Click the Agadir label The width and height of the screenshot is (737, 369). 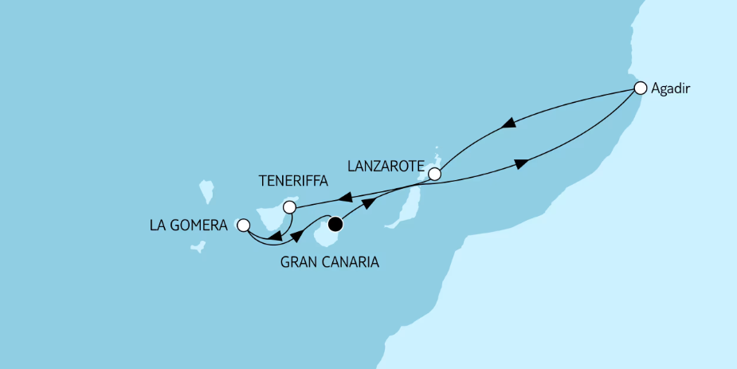[670, 90]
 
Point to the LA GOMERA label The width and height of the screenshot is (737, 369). [188, 226]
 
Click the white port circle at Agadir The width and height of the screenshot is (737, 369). [640, 87]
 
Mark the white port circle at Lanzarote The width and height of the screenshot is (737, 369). [434, 173]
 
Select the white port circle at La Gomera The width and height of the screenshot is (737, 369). [243, 226]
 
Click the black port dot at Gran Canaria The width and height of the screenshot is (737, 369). [335, 223]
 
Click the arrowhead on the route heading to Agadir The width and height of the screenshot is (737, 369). [521, 164]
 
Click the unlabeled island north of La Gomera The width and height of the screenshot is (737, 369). [206, 191]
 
